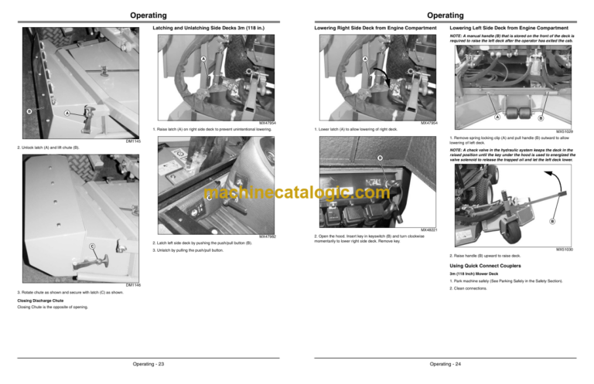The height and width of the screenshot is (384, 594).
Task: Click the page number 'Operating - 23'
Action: coord(148,363)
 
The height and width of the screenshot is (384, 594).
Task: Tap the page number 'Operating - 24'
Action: coord(445,363)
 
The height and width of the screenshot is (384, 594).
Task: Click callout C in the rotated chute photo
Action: coord(92,246)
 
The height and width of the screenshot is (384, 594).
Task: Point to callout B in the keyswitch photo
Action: coord(381,159)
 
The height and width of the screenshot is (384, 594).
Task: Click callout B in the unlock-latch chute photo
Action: coord(28,110)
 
